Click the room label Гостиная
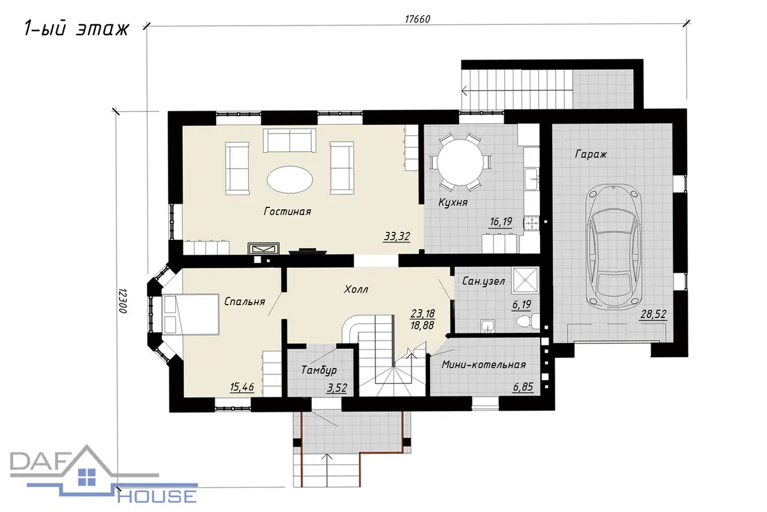coord(287,211)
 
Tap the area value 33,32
coord(397,236)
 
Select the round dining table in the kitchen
coord(460,162)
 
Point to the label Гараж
coord(591,154)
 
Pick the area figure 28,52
coord(653,314)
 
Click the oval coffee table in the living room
coord(290,179)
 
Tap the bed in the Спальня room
coord(190,314)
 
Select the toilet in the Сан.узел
coord(527,322)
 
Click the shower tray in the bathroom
coord(525,280)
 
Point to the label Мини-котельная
coord(483,365)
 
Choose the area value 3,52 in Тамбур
coord(337,388)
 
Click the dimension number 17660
coord(417,19)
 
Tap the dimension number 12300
coord(123,301)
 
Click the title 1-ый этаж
coord(77,29)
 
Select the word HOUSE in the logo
coord(157,497)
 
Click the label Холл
coord(356,289)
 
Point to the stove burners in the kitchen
coord(531,223)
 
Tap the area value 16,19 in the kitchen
coord(501,222)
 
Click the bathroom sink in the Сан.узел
coord(487,326)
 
